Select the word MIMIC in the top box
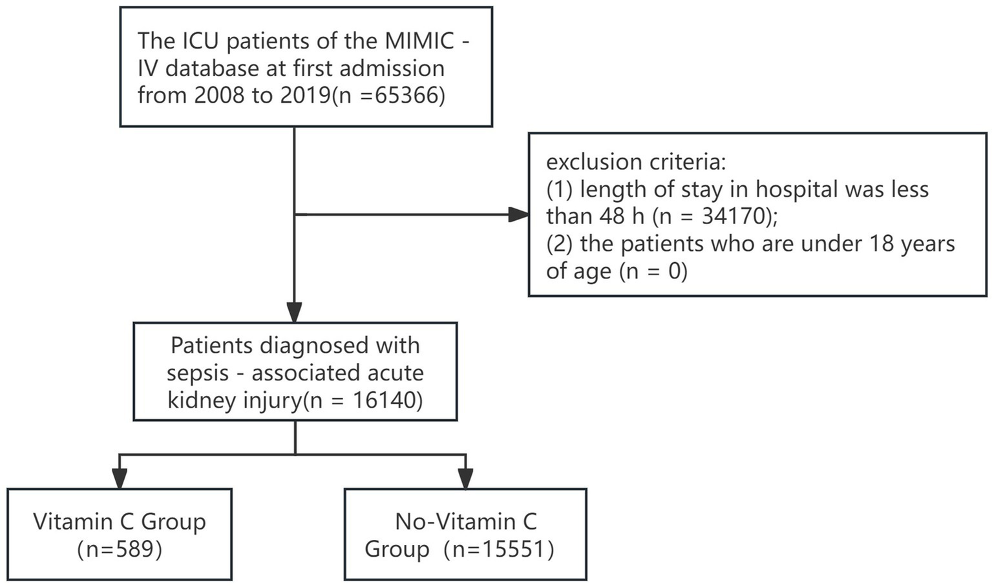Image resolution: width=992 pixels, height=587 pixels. tap(420, 41)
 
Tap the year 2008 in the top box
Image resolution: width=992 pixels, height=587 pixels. tap(220, 96)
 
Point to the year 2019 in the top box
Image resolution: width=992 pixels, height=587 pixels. tap(306, 96)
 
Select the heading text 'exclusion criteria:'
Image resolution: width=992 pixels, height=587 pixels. tap(636, 161)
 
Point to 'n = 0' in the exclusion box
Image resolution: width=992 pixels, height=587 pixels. tap(653, 271)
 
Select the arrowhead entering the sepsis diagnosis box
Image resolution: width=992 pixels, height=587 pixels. tap(295, 313)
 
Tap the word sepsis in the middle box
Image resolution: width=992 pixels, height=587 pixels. tap(198, 373)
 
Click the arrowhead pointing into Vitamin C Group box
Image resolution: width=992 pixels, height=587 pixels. tap(119, 479)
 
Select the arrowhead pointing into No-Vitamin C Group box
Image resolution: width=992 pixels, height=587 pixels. tap(465, 479)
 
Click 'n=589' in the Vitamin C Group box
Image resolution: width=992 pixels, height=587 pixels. tap(120, 549)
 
